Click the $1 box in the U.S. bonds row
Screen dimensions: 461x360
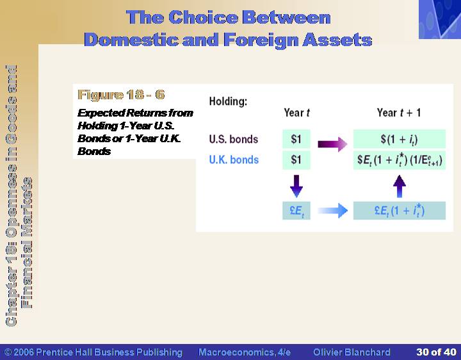pyautogui.click(x=296, y=139)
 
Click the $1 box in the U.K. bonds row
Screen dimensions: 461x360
pyautogui.click(x=296, y=160)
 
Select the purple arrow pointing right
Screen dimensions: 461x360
pyautogui.click(x=332, y=144)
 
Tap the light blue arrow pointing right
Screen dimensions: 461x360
pyautogui.click(x=332, y=211)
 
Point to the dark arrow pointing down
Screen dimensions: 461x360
pyautogui.click(x=296, y=186)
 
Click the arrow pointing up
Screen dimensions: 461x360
pyautogui.click(x=400, y=186)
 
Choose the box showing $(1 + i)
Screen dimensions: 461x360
pyautogui.click(x=400, y=139)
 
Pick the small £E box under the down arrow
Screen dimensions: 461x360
pyautogui.click(x=296, y=211)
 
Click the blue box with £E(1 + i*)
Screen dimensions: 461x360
pyautogui.click(x=400, y=211)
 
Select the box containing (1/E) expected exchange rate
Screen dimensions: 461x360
pyautogui.click(x=400, y=160)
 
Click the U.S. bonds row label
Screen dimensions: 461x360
pyautogui.click(x=234, y=139)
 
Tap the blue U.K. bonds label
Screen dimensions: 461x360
pyautogui.click(x=234, y=160)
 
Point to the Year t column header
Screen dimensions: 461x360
pyautogui.click(x=296, y=113)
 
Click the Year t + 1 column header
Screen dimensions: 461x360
pyautogui.click(x=399, y=113)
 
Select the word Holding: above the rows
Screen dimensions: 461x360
pyautogui.click(x=228, y=101)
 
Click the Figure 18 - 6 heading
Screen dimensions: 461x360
pyautogui.click(x=121, y=95)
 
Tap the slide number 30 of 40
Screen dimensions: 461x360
pyautogui.click(x=436, y=352)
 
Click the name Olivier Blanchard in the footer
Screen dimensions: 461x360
pyautogui.click(x=352, y=352)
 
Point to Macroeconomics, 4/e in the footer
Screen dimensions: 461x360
pyautogui.click(x=245, y=352)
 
